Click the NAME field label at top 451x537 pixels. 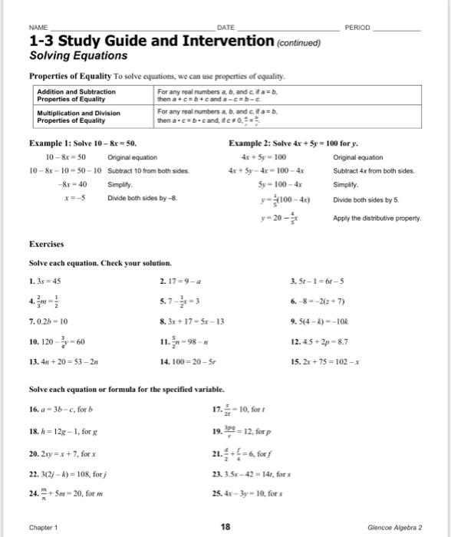pyautogui.click(x=38, y=27)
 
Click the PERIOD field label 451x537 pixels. pyautogui.click(x=358, y=27)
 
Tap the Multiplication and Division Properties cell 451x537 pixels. pyautogui.click(x=79, y=115)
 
